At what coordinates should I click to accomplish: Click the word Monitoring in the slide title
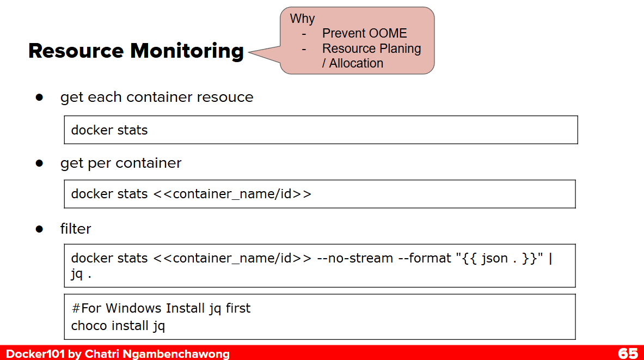(x=187, y=52)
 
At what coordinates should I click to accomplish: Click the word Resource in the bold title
(x=76, y=51)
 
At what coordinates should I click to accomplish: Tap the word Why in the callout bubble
(x=302, y=19)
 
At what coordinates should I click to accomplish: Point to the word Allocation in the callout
(x=356, y=63)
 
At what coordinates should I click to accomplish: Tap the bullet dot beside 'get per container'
(x=39, y=163)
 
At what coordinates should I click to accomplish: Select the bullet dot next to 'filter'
(x=39, y=229)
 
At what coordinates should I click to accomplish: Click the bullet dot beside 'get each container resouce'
(x=39, y=97)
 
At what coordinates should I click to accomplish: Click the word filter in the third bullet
(x=76, y=229)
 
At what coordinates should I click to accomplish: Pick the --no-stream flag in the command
(x=355, y=258)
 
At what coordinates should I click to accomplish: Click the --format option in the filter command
(x=424, y=258)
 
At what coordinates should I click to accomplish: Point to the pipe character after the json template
(x=550, y=259)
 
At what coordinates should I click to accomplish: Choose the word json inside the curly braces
(x=494, y=259)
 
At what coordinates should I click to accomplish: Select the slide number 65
(x=628, y=353)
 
